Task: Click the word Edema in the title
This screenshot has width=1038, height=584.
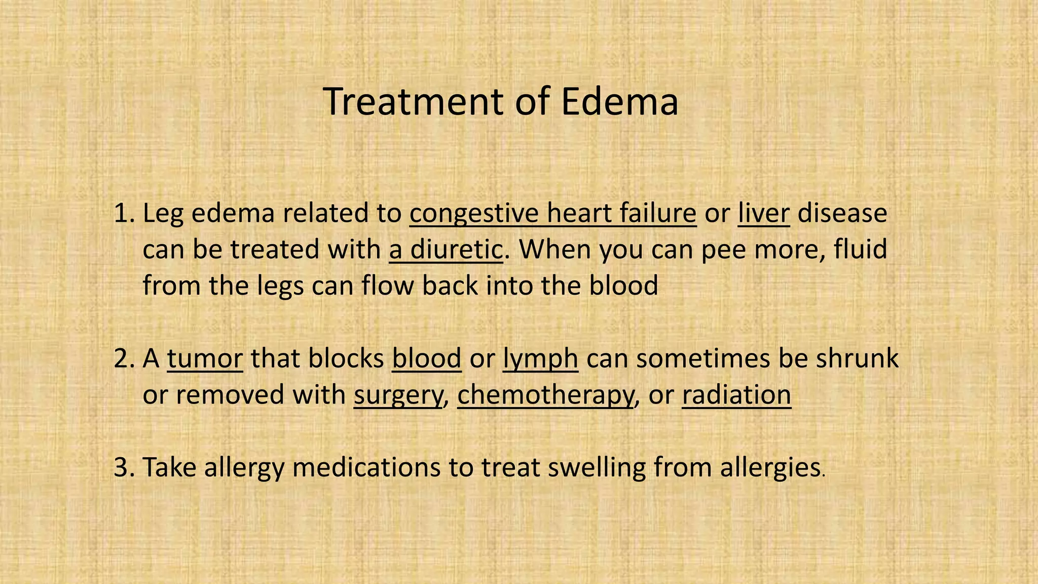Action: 619,102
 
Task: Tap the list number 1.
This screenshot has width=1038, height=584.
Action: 123,213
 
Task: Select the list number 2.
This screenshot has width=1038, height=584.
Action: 123,358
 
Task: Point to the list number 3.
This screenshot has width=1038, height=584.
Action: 123,467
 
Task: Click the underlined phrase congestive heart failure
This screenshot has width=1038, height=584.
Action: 553,213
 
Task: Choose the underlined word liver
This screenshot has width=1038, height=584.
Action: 763,213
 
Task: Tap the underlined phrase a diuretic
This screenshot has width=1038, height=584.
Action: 446,249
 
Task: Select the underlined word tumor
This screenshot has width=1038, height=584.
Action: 205,358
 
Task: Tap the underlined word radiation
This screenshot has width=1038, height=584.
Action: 736,394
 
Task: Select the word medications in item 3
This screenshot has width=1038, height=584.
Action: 366,467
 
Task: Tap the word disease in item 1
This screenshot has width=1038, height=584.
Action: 842,213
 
